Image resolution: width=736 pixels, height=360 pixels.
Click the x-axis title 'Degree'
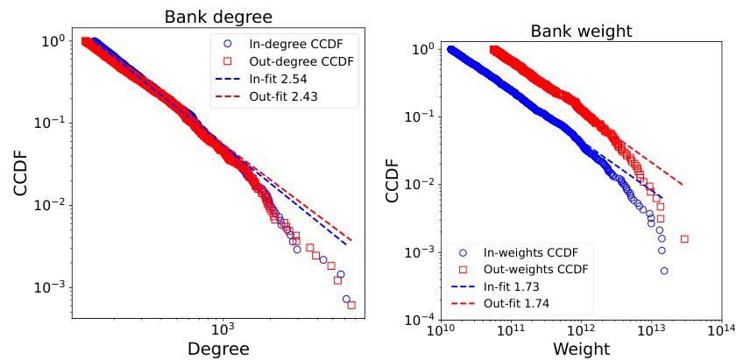[219, 349]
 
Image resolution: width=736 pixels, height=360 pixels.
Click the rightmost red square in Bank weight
[684, 239]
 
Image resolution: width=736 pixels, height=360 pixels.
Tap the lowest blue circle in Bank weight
[664, 271]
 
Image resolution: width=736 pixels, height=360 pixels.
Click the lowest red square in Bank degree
[351, 305]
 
